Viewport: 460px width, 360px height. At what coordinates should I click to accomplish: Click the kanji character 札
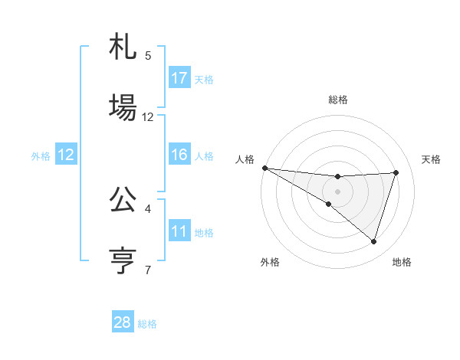[123, 49]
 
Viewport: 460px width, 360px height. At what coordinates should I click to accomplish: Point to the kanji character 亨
[123, 259]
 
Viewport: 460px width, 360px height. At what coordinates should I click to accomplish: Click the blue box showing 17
[179, 78]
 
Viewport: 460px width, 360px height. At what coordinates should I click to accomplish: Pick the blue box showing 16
[179, 155]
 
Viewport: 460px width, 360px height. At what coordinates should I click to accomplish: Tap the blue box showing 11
[179, 231]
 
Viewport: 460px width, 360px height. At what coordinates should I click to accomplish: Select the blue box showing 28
[123, 322]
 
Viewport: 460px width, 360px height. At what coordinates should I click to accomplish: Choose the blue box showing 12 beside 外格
[66, 155]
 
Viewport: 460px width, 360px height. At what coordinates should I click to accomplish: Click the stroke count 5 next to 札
[148, 55]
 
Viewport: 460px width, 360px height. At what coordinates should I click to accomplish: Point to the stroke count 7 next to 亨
[148, 270]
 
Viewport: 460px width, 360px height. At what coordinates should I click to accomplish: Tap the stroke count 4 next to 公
[148, 208]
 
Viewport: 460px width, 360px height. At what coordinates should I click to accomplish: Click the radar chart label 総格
[337, 100]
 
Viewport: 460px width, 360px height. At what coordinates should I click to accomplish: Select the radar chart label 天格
[431, 159]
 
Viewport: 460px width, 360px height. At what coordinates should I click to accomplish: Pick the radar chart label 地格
[402, 262]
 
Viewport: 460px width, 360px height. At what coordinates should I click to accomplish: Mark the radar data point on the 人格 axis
[264, 168]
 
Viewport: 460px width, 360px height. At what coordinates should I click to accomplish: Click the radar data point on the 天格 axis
[396, 172]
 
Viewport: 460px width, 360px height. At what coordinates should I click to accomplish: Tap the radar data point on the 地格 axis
[373, 241]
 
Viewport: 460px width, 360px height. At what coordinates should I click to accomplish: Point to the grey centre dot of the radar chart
[337, 191]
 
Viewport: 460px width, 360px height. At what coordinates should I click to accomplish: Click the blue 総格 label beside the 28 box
[147, 324]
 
